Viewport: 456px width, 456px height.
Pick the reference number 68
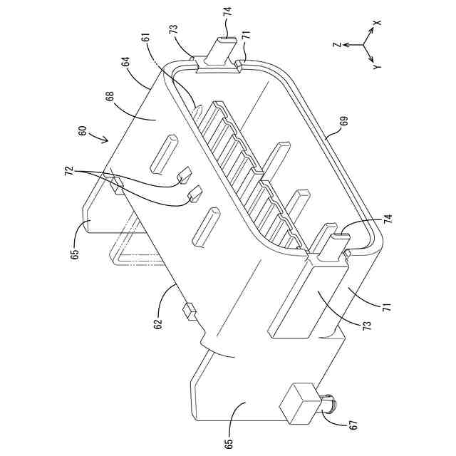pos(113,94)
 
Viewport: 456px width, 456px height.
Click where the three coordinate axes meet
pos(363,45)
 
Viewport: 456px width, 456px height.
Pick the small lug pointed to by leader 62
pos(190,310)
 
